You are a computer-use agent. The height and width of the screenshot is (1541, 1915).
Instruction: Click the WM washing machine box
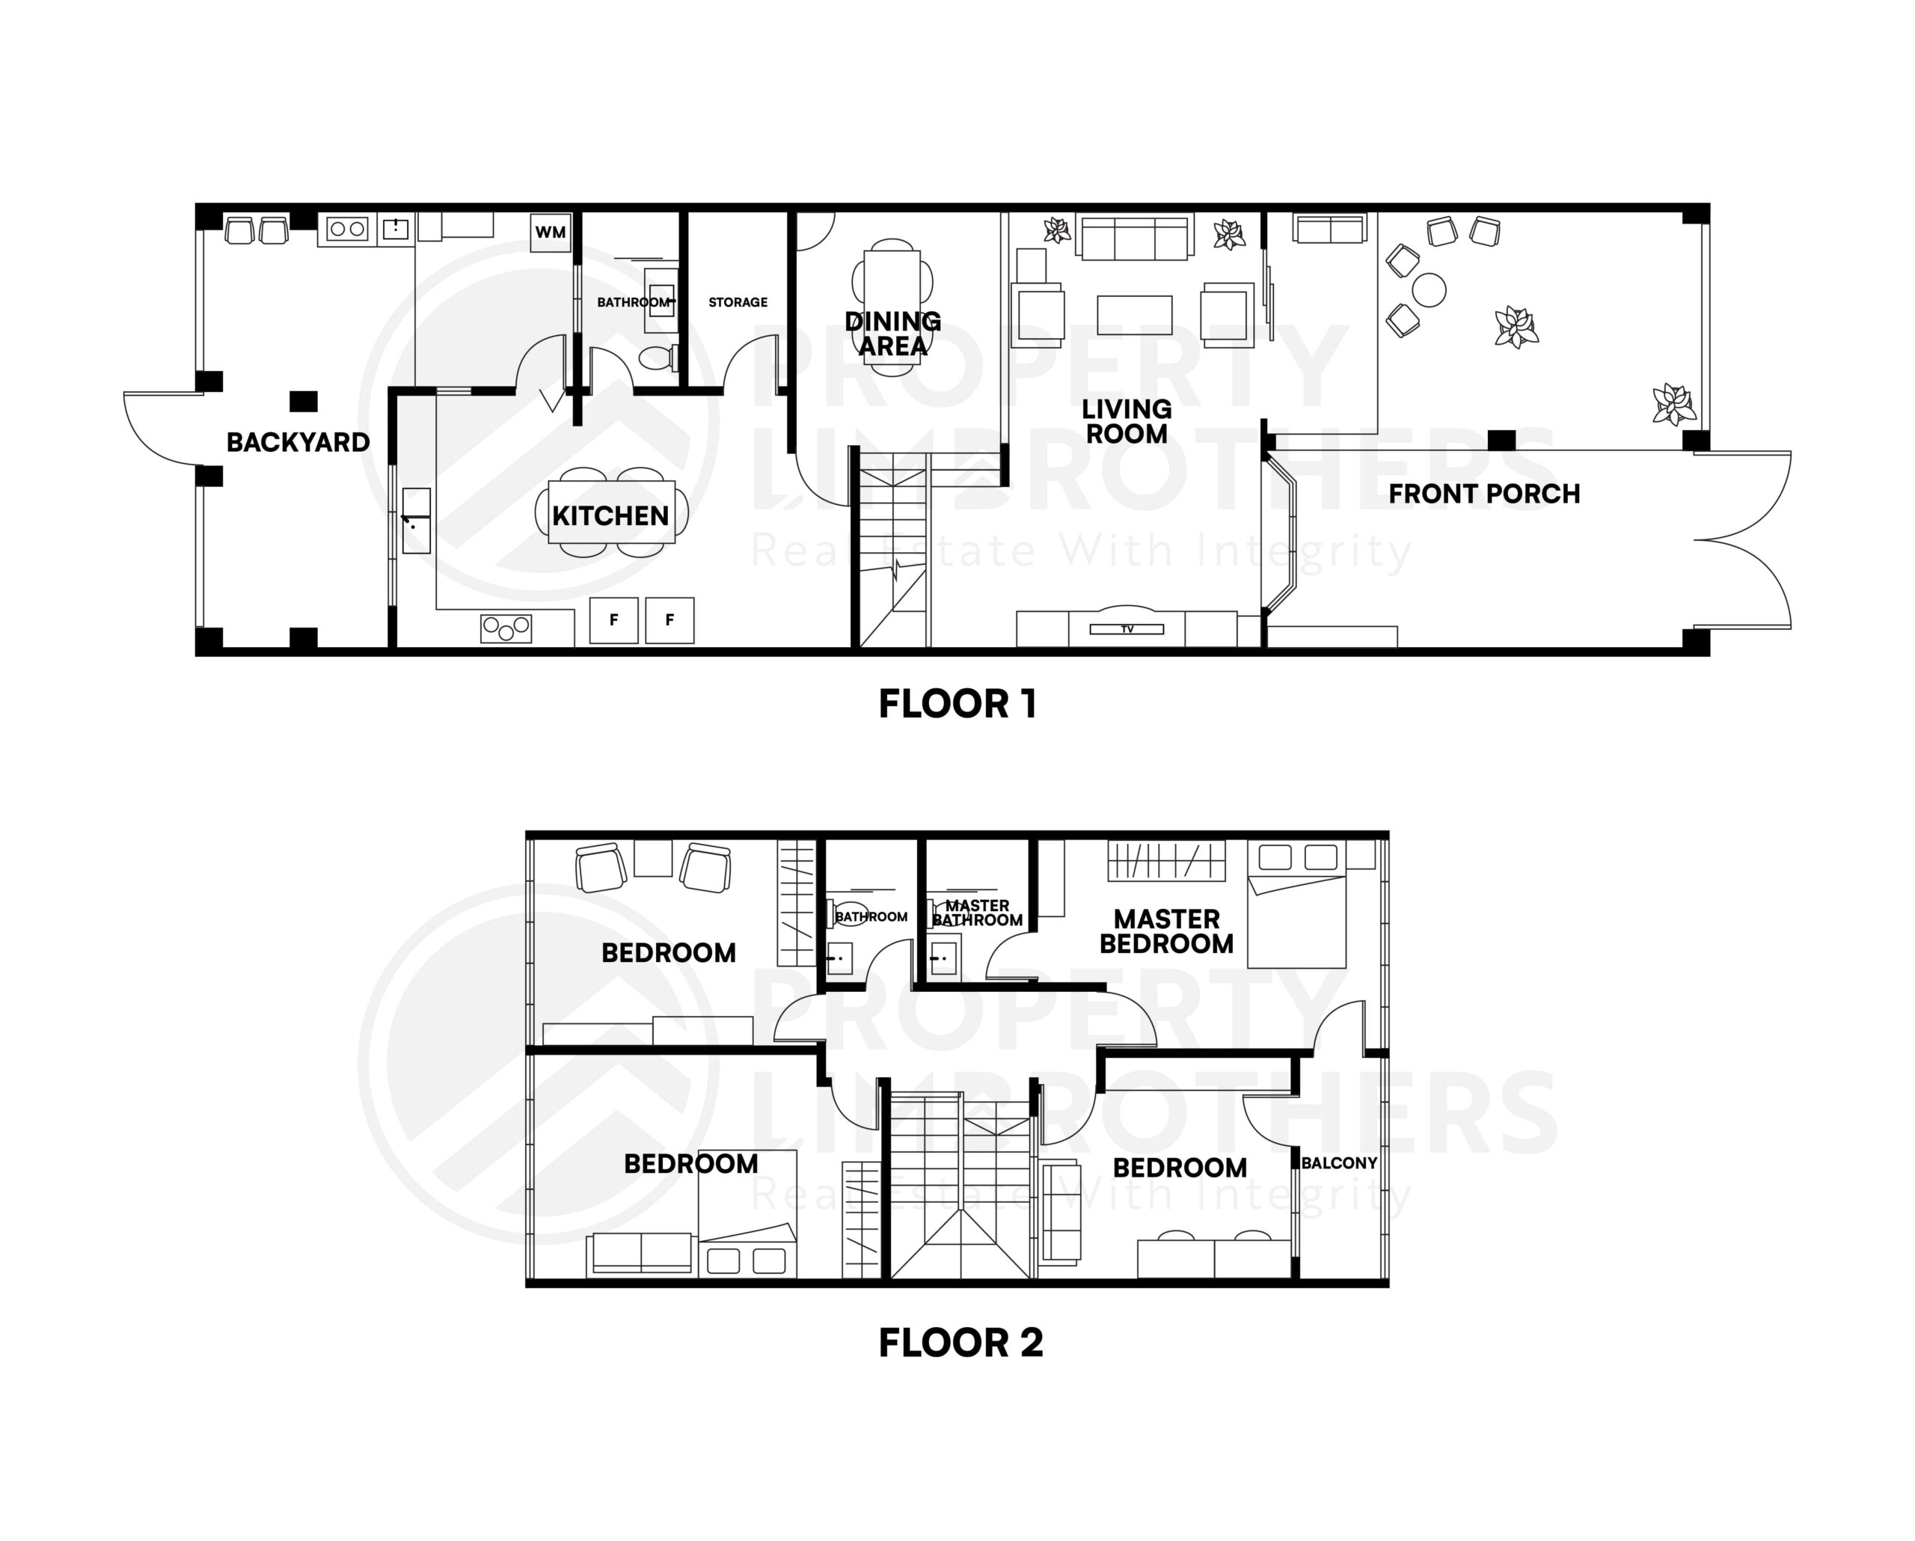click(x=550, y=233)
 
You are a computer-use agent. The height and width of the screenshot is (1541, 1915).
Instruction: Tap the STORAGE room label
click(x=738, y=302)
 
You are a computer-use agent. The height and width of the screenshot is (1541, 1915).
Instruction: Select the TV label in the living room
click(x=1127, y=629)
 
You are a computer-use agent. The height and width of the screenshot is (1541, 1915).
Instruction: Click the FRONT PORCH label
click(x=1483, y=494)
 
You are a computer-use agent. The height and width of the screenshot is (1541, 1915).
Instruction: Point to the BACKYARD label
click(x=298, y=442)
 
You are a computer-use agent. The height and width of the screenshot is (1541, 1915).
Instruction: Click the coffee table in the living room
click(x=1134, y=314)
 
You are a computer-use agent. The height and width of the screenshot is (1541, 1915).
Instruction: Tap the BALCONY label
click(x=1338, y=1162)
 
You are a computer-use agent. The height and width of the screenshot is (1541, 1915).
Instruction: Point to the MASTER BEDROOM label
click(x=1165, y=931)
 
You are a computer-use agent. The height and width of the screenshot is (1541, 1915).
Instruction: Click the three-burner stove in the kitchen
click(x=506, y=628)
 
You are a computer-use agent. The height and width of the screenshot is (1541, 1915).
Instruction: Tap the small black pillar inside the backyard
click(x=304, y=402)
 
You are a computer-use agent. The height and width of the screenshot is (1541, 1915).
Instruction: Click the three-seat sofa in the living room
click(x=1135, y=236)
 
